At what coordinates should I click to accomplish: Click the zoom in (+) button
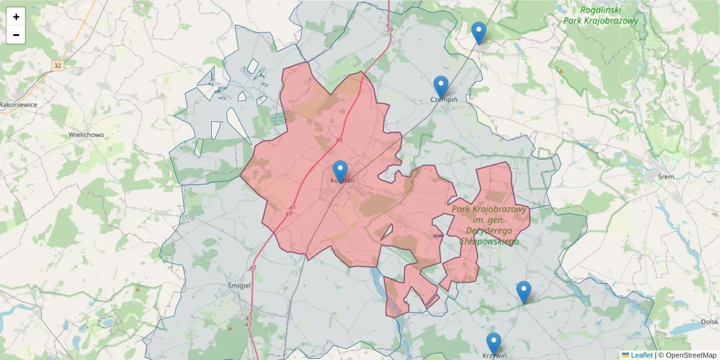point(16,17)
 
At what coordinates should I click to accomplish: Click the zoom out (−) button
point(16,35)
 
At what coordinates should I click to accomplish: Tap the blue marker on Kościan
point(340,171)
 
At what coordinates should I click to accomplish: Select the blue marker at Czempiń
point(441,86)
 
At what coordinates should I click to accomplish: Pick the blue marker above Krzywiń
point(494,343)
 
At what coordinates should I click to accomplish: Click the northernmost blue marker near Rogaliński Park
point(479,32)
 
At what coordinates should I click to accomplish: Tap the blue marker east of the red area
point(524,292)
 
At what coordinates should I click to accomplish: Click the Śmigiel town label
point(239,286)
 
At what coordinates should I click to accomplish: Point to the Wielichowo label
point(86,135)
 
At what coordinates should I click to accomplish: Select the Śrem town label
point(666,176)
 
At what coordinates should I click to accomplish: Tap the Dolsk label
point(709,322)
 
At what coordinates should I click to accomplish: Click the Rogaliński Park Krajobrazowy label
point(601,15)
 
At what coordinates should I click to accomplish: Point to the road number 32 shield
point(58,65)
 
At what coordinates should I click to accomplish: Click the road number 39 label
point(389,30)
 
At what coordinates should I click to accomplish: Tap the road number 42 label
point(253,268)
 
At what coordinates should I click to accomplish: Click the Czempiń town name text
point(445,100)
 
